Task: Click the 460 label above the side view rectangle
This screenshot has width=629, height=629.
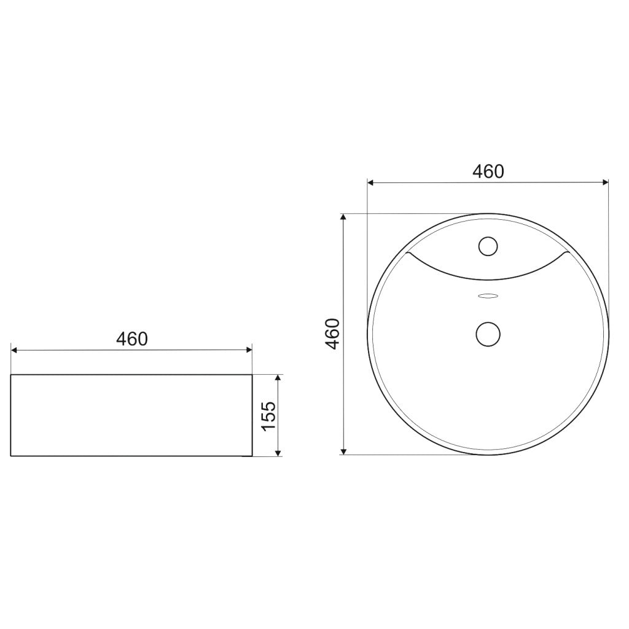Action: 132,338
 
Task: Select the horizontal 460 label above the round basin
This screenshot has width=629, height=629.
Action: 488,171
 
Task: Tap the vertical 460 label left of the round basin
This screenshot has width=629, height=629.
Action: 332,334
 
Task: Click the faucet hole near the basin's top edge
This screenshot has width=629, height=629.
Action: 488,246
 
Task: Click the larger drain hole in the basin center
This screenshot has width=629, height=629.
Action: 488,334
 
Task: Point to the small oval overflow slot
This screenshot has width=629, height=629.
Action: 488,296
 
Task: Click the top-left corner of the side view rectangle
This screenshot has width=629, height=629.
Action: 12,374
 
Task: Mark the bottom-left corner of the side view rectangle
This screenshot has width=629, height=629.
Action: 12,456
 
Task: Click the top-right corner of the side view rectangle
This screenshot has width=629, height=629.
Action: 252,374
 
